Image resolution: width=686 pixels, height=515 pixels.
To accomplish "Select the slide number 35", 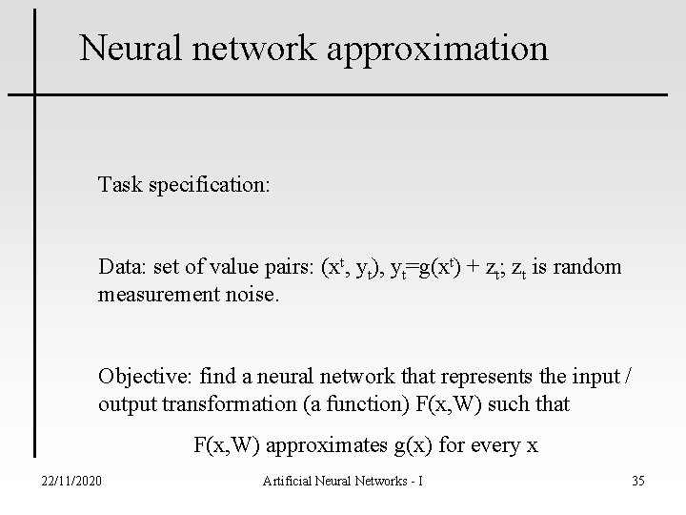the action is [637, 481].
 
